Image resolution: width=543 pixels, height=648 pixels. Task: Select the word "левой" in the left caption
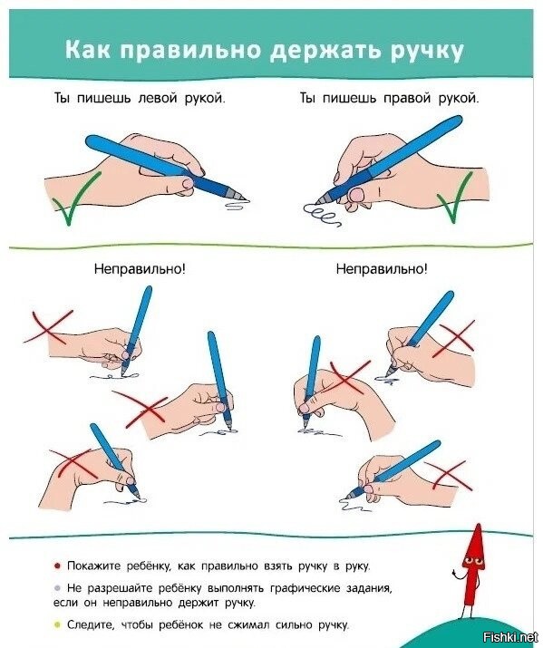[x=150, y=99]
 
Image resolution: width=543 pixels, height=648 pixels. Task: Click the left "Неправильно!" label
[x=140, y=269]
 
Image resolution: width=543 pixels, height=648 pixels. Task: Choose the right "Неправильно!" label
[x=382, y=269]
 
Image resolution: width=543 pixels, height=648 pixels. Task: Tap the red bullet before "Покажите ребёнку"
[x=57, y=566]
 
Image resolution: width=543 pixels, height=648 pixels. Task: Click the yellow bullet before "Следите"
[x=57, y=624]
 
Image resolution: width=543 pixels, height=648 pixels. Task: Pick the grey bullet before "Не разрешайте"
[x=57, y=588]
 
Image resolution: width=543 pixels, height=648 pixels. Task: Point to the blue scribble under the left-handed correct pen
[x=238, y=205]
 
